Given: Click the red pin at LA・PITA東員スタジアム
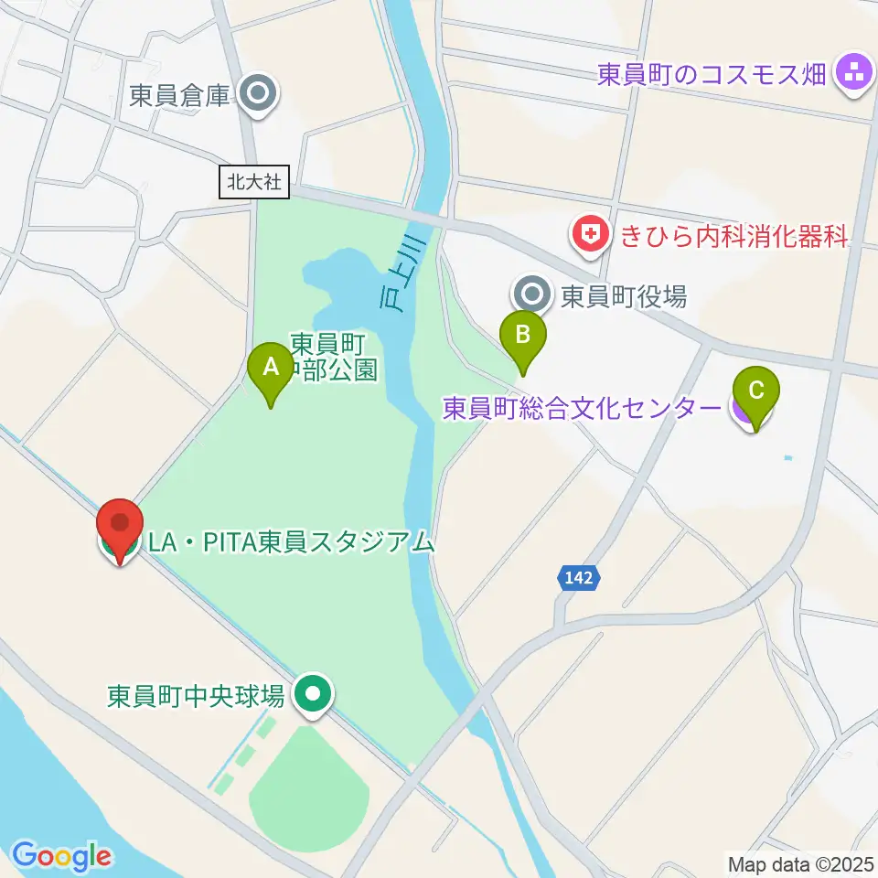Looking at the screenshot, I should coord(120,527).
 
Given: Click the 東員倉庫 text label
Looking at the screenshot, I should coord(179,96).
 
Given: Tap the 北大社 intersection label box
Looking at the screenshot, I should coord(255,181).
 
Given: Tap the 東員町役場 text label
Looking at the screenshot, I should coord(623,295).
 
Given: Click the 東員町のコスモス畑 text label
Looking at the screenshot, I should coord(712,73).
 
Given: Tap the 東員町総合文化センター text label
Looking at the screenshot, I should coord(582,408).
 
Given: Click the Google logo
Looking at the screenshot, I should coord(61,855).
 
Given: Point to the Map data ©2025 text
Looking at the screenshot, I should coord(799,863).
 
